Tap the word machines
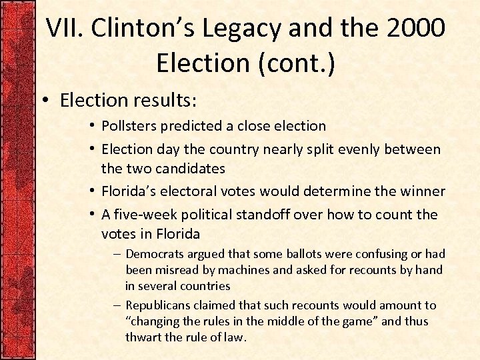click(247, 270)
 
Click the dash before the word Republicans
click(117, 305)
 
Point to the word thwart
click(143, 337)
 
